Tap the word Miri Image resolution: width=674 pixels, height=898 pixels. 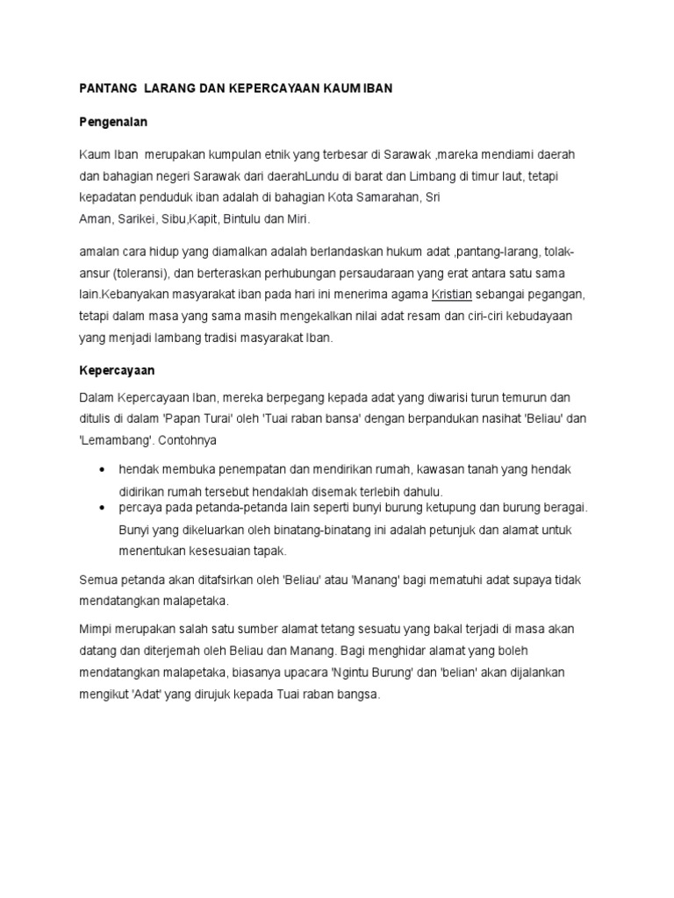(299, 217)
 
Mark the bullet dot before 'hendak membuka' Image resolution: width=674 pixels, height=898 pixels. (104, 470)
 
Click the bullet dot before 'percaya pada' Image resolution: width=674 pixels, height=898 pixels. (104, 509)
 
